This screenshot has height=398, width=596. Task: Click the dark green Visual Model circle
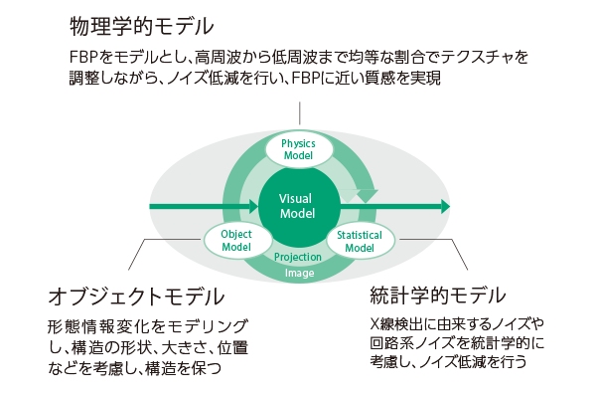(299, 207)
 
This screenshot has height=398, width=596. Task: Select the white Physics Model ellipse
(298, 148)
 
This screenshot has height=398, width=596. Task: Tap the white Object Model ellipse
(236, 240)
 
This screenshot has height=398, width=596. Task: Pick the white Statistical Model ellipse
(360, 240)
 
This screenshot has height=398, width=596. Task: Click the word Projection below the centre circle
(298, 257)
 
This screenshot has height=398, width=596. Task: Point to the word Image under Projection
(298, 272)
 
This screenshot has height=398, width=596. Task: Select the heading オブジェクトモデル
(135, 296)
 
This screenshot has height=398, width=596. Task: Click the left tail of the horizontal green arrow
(154, 207)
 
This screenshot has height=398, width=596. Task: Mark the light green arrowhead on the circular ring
(368, 193)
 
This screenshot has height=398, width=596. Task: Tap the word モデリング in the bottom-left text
(223, 326)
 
